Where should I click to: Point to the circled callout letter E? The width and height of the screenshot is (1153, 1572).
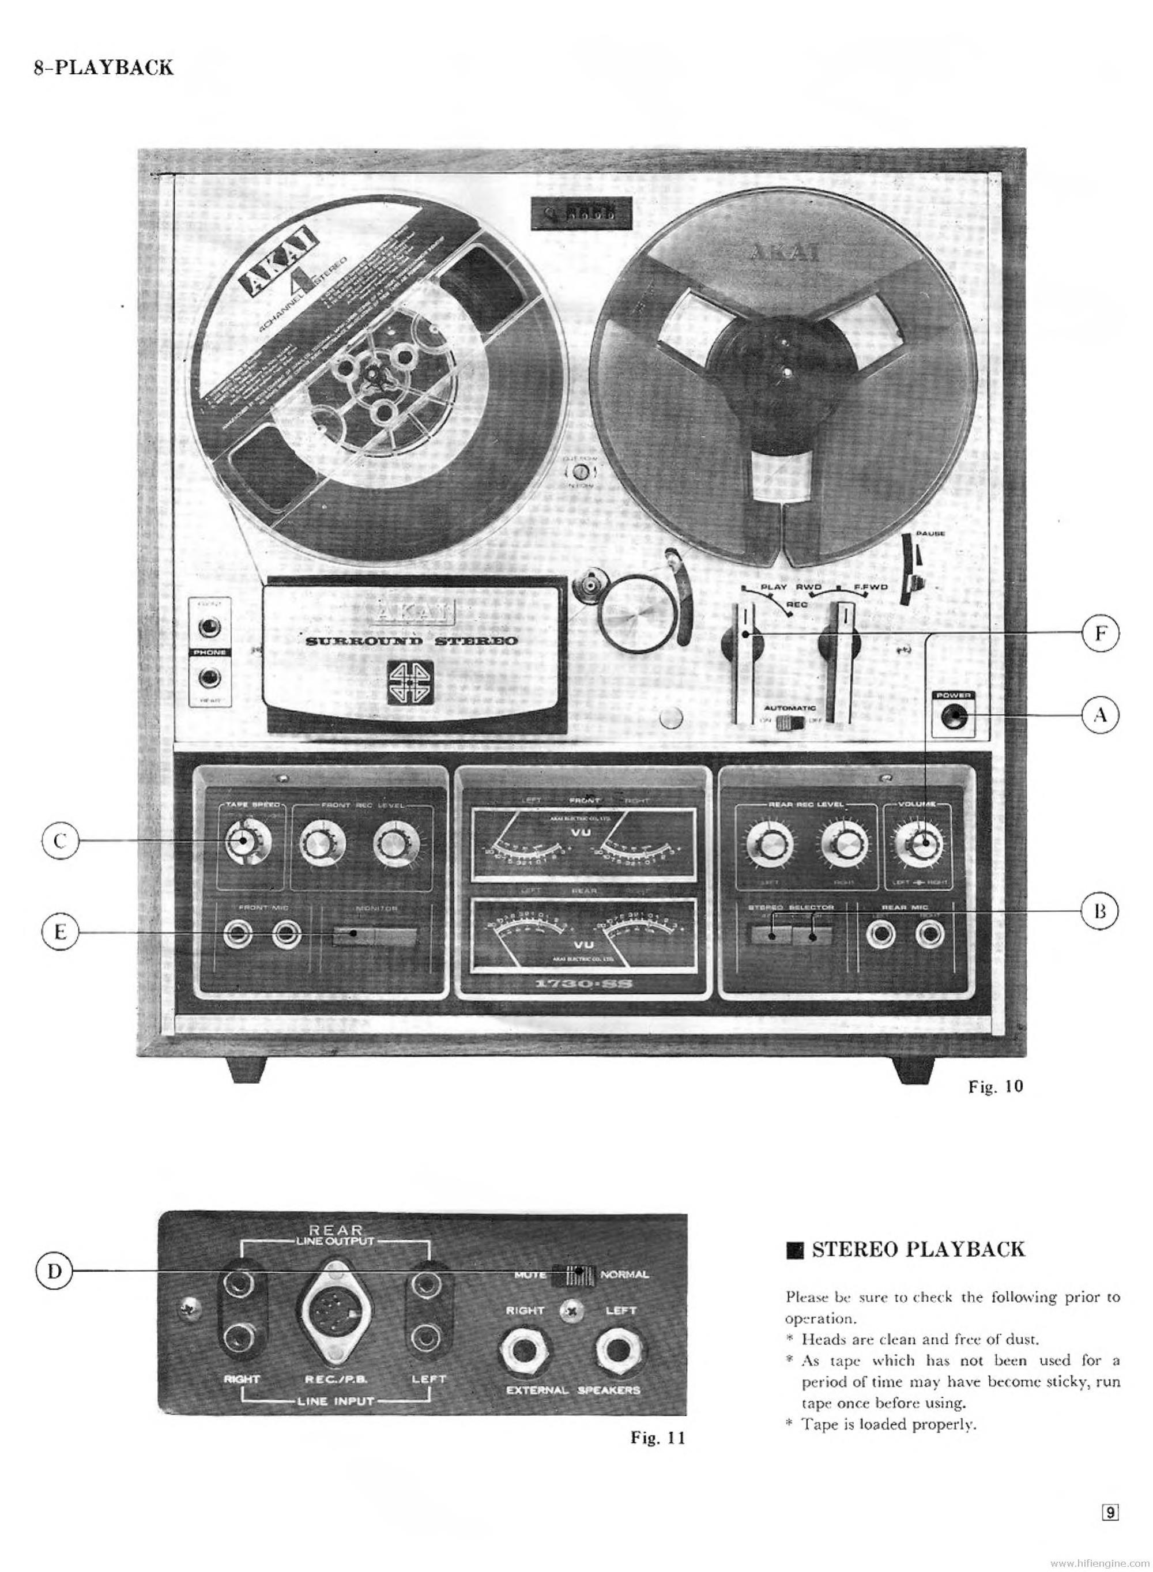(60, 932)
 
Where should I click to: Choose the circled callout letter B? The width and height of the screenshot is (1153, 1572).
(1100, 911)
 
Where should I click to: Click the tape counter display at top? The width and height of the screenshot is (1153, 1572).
(580, 212)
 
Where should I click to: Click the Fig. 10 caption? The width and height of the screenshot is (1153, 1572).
(995, 1087)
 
